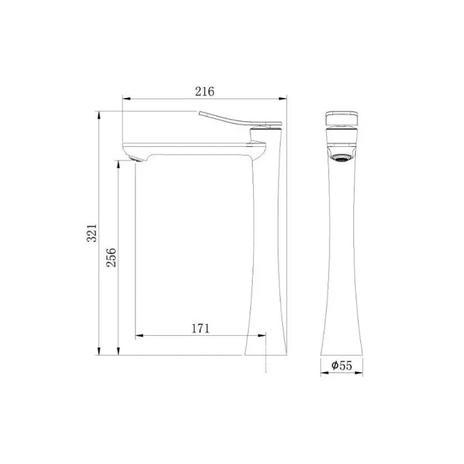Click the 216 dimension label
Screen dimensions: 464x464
[x=204, y=92]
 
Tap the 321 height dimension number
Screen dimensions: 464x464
[x=92, y=233]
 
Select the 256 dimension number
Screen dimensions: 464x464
[x=111, y=257]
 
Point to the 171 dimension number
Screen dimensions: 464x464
[x=200, y=328]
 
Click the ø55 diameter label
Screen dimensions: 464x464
[x=342, y=365]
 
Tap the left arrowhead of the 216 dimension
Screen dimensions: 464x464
[x=126, y=99]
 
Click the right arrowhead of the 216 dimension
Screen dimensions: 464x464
[x=283, y=99]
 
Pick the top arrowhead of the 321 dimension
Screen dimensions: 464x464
[x=99, y=115]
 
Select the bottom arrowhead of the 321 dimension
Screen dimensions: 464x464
[x=99, y=351]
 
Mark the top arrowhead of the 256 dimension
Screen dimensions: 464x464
[x=119, y=164]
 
